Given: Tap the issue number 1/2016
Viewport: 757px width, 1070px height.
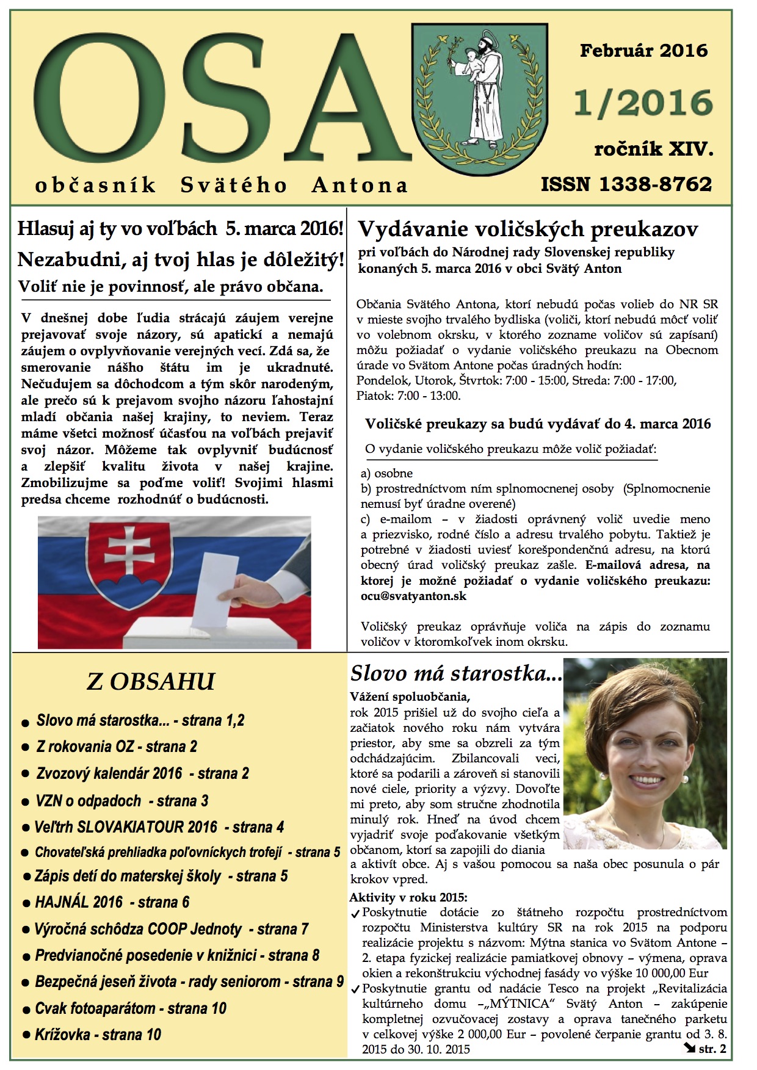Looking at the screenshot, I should click(x=643, y=103).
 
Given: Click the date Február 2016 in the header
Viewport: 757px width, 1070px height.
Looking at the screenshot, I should click(x=643, y=50).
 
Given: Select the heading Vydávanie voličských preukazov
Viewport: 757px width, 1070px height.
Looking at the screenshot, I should click(x=527, y=230).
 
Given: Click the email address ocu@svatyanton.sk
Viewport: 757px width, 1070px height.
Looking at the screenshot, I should click(x=413, y=596).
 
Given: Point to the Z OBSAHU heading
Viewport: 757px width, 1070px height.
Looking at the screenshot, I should click(x=150, y=682).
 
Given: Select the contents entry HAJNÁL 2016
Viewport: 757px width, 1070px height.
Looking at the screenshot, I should click(x=78, y=902).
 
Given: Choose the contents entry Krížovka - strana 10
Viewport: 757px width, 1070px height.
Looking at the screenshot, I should click(x=98, y=1035).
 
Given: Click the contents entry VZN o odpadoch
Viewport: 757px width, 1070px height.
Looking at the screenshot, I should click(x=88, y=801).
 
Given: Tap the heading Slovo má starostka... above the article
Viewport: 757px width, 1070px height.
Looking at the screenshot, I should click(x=456, y=673).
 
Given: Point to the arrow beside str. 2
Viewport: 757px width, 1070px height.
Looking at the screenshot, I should click(x=689, y=1048).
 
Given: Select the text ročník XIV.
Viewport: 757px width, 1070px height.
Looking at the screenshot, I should click(x=653, y=148).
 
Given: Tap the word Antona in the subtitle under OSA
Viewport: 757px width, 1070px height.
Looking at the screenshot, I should click(x=359, y=185).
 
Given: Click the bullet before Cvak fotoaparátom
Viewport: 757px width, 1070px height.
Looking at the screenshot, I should click(x=26, y=1009).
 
